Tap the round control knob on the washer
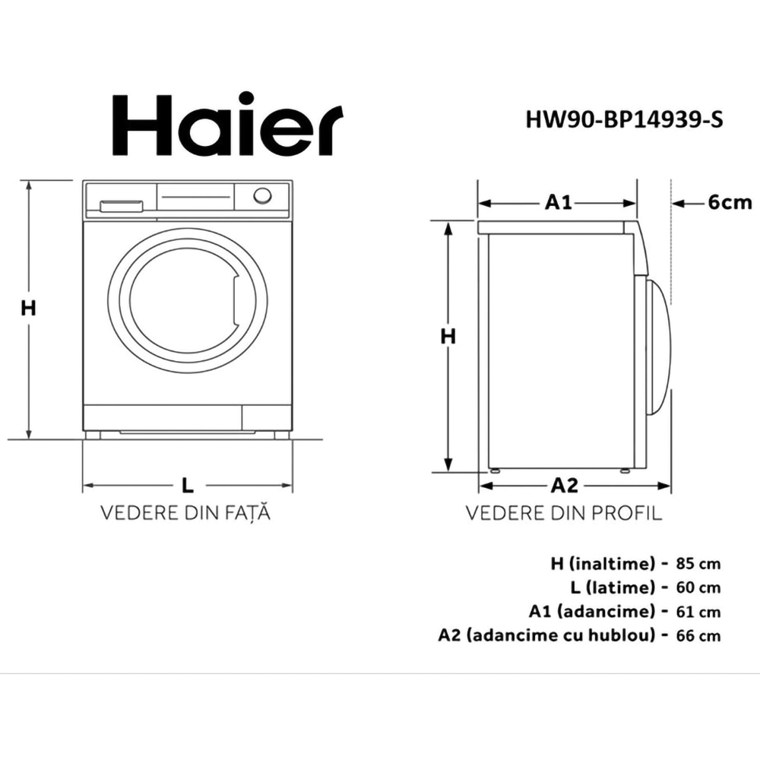coord(262,195)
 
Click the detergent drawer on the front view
coord(122,205)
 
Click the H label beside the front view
coord(29,308)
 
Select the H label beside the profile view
coord(449,336)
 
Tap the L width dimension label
coord(188,485)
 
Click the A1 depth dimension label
coord(559,202)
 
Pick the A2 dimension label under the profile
coord(565,485)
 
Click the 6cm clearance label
coord(729,202)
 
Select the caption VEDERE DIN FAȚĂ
coord(186,513)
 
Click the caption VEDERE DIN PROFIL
coord(564,513)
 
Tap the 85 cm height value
coord(697,564)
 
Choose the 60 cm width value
coord(697,587)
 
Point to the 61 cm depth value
coord(697,611)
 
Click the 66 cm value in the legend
coord(697,635)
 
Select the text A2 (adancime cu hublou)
coord(546,635)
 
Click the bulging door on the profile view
coord(658,346)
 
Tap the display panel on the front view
coord(195,198)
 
